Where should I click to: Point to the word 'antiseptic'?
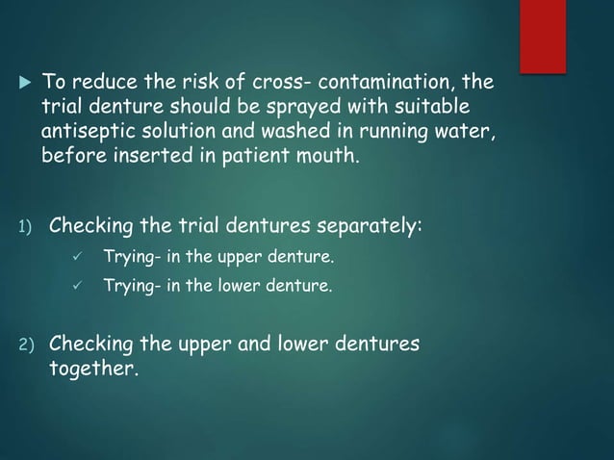coord(85,131)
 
